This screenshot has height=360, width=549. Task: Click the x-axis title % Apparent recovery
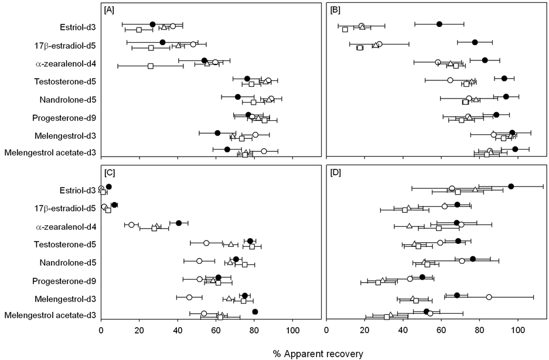coord(318,354)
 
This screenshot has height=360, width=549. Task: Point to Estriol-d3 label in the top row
coord(78,26)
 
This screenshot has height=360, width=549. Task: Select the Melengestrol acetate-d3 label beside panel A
coord(50,154)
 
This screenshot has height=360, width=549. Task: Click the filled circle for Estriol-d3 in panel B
coord(439,24)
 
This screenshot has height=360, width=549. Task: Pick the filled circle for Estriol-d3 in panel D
coord(511,186)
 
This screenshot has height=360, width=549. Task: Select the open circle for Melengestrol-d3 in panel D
coord(489,297)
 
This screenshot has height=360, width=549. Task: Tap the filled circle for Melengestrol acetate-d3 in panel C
coord(255,312)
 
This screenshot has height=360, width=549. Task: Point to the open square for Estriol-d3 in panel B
coord(345,29)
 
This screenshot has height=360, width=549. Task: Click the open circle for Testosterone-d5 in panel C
coord(206,243)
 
